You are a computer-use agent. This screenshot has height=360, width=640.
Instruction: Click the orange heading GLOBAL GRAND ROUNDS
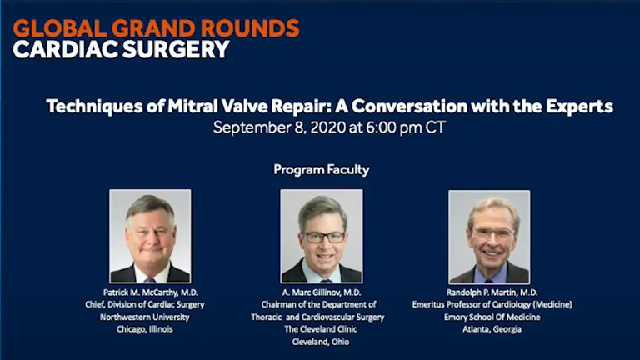[156, 28]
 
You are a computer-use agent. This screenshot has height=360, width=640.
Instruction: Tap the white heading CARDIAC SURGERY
[121, 49]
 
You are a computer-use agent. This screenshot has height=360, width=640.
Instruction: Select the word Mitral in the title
[192, 106]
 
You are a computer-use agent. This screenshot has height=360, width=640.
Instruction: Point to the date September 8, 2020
[280, 127]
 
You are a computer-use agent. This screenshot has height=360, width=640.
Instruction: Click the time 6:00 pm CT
[405, 127]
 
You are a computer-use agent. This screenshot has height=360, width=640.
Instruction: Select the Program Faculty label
[322, 169]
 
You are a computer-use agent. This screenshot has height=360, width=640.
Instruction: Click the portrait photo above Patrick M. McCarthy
[150, 236]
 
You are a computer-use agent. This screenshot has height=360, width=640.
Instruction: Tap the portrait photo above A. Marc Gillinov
[322, 236]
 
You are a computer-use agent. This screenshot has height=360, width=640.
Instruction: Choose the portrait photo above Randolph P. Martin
[489, 237]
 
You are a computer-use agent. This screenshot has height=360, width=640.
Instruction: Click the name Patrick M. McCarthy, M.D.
[150, 292]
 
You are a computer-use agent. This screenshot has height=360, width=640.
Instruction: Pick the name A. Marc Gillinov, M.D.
[322, 292]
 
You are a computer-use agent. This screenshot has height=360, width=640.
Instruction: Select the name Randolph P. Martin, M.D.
[492, 292]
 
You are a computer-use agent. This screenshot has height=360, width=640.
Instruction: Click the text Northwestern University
[145, 317]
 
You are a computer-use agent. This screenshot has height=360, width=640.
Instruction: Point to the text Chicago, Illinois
[145, 329]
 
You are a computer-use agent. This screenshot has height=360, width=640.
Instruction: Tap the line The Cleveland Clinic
[321, 329]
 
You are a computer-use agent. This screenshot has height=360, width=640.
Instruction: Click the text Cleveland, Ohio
[321, 342]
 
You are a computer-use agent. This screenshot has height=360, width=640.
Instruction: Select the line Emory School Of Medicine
[492, 317]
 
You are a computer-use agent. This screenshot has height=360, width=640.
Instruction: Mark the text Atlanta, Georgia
[492, 329]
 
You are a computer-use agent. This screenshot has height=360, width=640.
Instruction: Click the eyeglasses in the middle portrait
[325, 237]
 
